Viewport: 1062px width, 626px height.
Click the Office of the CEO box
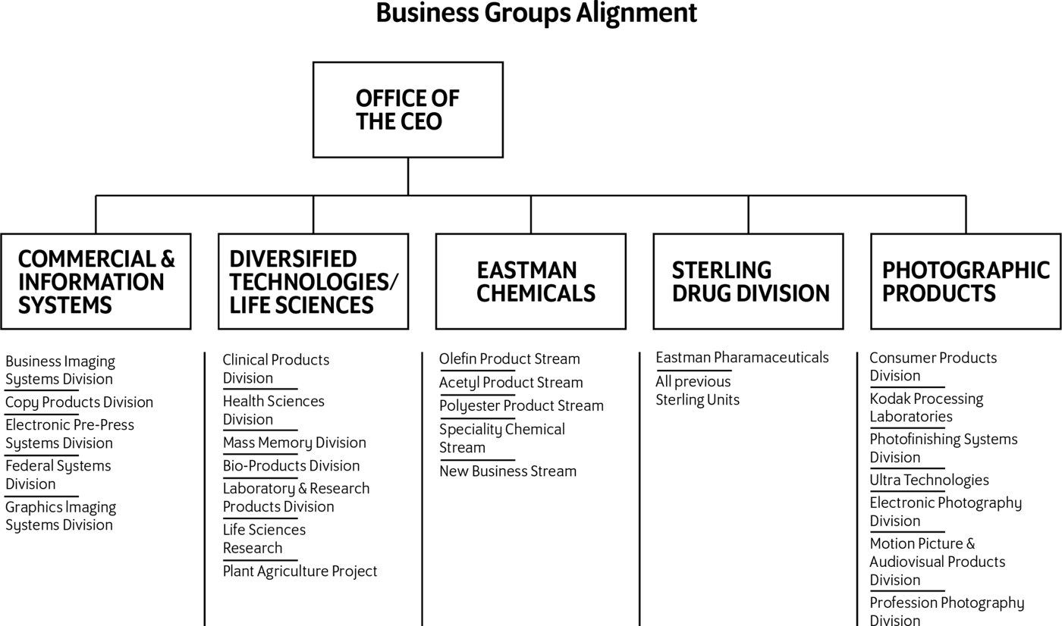tap(408, 110)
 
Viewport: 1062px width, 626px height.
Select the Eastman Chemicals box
tap(530, 281)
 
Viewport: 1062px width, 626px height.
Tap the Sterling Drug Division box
tap(748, 281)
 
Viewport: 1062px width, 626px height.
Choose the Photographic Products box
tap(966, 281)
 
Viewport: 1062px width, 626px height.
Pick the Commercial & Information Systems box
tap(96, 281)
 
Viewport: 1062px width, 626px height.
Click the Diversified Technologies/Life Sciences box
tap(313, 281)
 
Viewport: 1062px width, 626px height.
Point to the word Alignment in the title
tap(636, 13)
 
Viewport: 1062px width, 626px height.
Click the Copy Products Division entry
tap(79, 402)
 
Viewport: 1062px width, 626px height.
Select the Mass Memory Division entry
tap(294, 443)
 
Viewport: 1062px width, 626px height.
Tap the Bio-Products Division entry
tap(291, 465)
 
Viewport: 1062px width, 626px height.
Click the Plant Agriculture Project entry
tap(300, 571)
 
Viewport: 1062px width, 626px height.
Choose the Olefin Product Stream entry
tap(509, 359)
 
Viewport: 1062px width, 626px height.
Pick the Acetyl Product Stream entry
tap(511, 383)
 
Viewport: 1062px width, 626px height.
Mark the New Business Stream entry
tap(507, 471)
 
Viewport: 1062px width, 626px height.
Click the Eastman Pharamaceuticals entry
tap(742, 358)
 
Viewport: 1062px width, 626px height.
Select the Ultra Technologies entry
tap(929, 480)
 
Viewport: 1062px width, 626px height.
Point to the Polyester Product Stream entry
tap(521, 405)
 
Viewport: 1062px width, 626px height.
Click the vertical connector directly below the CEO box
tap(408, 177)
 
